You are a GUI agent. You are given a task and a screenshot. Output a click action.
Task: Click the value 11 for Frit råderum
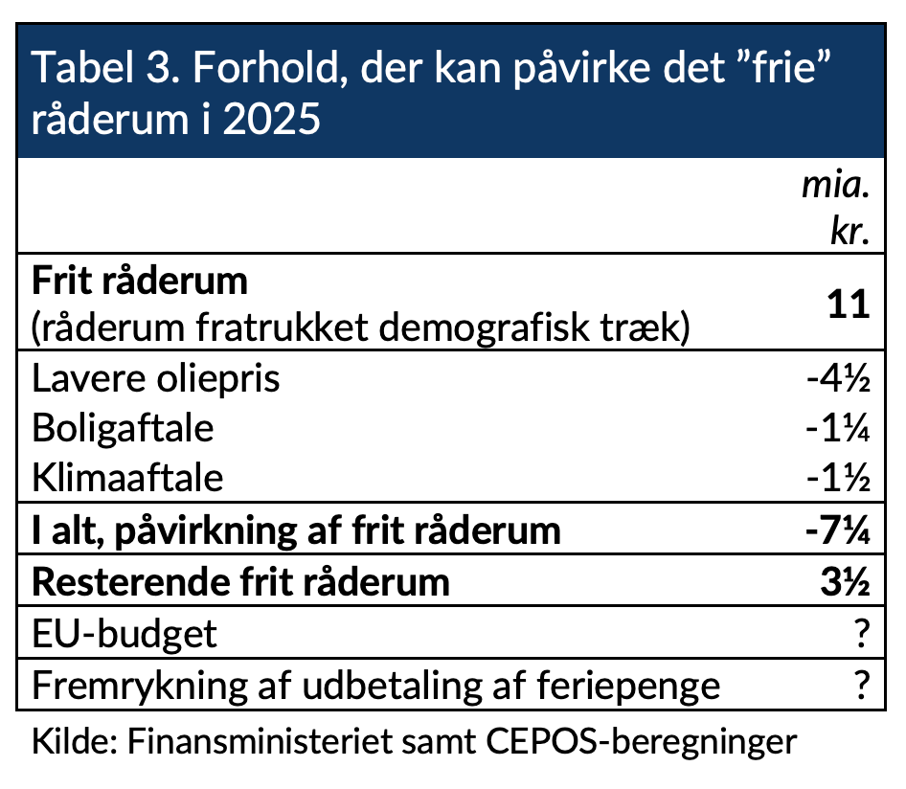849,304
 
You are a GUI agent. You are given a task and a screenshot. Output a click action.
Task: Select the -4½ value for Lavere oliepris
838,379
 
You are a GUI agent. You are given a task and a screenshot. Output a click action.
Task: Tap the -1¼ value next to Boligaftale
838,429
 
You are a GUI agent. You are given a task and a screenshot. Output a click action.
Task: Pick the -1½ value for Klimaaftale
838,478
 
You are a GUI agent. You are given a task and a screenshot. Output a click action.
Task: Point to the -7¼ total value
838,530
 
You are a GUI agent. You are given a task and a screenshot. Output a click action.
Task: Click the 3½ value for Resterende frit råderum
846,581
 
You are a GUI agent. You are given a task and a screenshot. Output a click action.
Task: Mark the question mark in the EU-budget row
862,633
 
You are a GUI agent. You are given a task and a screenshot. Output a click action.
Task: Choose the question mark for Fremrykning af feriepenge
862,685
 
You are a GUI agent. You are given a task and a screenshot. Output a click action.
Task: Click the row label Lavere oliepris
156,379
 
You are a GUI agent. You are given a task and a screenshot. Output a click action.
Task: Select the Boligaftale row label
124,429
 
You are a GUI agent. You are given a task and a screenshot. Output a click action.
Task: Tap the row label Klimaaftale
127,478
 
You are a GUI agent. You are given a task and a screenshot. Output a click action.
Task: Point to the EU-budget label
125,634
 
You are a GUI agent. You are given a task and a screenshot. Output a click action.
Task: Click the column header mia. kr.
836,209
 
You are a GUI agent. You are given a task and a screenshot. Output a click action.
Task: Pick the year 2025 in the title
272,120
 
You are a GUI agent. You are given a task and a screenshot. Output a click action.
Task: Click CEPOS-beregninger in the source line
642,742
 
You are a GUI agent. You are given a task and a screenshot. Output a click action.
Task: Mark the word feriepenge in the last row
628,687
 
